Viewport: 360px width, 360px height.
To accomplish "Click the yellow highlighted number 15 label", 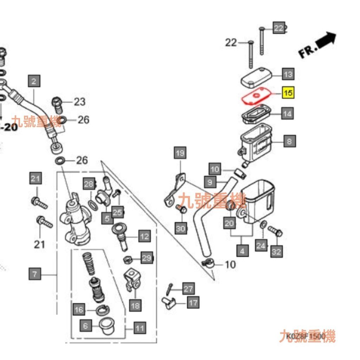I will [x=288, y=94].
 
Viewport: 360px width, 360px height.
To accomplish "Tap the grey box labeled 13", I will [x=288, y=75].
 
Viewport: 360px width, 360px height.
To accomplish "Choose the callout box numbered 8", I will [x=289, y=141].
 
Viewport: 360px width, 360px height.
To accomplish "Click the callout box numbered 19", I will [x=180, y=153].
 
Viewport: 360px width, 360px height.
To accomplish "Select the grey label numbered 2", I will [x=34, y=82].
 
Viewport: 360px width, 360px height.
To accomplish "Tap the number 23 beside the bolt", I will [x=79, y=102].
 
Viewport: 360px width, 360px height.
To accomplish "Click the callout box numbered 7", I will [x=34, y=274].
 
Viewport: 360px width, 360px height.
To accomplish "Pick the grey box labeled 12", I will [x=144, y=236].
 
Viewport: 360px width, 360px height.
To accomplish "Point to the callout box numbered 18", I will [x=135, y=306].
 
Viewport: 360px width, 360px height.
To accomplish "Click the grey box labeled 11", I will [x=140, y=329].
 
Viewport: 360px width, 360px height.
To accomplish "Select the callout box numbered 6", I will [x=85, y=326].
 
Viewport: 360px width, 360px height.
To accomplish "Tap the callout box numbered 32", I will [x=277, y=252].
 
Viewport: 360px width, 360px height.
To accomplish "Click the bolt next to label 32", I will [x=275, y=231].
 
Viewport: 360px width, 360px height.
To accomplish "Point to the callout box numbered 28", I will [x=89, y=184].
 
